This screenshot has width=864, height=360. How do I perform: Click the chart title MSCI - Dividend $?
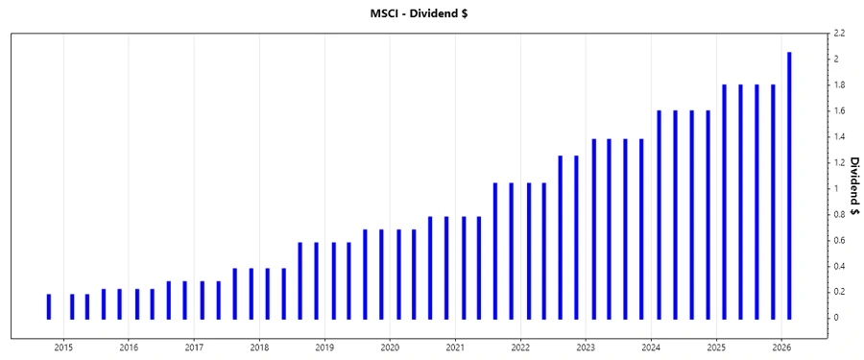pyautogui.click(x=431, y=12)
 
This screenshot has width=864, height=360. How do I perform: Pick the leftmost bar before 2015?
pyautogui.click(x=48, y=306)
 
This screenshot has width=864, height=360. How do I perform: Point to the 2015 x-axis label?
pyautogui.click(x=63, y=347)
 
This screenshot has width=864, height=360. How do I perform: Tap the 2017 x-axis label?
pyautogui.click(x=194, y=347)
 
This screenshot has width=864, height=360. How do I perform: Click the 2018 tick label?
pyautogui.click(x=259, y=347)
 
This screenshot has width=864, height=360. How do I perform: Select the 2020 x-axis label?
pyautogui.click(x=390, y=347)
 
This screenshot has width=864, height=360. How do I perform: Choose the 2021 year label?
pyautogui.click(x=455, y=347)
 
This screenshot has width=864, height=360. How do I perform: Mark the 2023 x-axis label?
pyautogui.click(x=586, y=347)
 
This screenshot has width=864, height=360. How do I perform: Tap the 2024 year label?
pyautogui.click(x=651, y=347)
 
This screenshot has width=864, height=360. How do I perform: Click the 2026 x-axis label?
pyautogui.click(x=781, y=347)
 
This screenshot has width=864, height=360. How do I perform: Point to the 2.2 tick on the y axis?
pyautogui.click(x=839, y=34)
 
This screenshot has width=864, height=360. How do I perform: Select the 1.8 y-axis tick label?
pyautogui.click(x=839, y=85)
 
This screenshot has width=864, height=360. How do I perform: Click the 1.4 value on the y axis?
pyautogui.click(x=839, y=137)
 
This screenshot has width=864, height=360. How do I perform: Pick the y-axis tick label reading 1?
pyautogui.click(x=836, y=188)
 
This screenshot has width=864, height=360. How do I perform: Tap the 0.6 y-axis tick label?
pyautogui.click(x=839, y=240)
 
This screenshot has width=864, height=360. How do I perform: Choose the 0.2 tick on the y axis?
pyautogui.click(x=839, y=292)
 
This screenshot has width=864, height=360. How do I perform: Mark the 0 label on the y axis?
pyautogui.click(x=836, y=318)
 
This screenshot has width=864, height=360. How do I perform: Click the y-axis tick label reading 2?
pyautogui.click(x=836, y=60)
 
